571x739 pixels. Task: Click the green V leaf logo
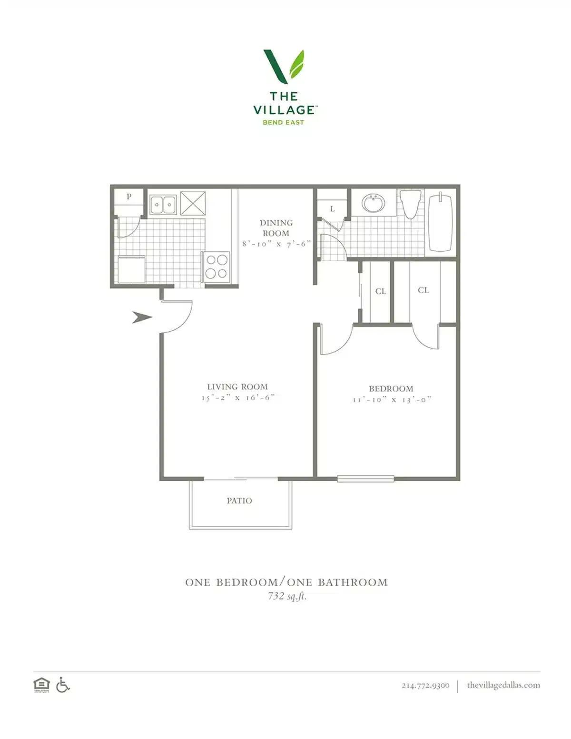pos(284,66)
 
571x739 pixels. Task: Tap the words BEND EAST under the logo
pos(284,122)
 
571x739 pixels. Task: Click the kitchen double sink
pos(163,205)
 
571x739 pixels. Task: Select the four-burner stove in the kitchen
pos(216,266)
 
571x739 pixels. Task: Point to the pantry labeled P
pos(128,197)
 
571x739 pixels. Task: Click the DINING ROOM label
pos(276,228)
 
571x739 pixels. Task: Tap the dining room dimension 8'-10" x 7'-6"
pos(276,244)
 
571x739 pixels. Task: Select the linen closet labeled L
pos(332,208)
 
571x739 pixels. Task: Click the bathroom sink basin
pos(374,204)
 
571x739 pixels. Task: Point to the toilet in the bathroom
pos(411,203)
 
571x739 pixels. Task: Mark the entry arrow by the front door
pos(141,317)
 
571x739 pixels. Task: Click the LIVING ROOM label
pos(237,387)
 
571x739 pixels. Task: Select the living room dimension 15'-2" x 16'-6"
pos(238,398)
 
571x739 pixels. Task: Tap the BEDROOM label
pos(391,389)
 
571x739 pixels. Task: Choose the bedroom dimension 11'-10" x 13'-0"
pos(392,400)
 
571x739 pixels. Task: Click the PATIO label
pos(239,501)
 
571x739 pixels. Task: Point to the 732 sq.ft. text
pos(287,596)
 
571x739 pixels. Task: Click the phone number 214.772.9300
pos(425,685)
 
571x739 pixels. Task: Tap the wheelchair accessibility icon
pos(63,685)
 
